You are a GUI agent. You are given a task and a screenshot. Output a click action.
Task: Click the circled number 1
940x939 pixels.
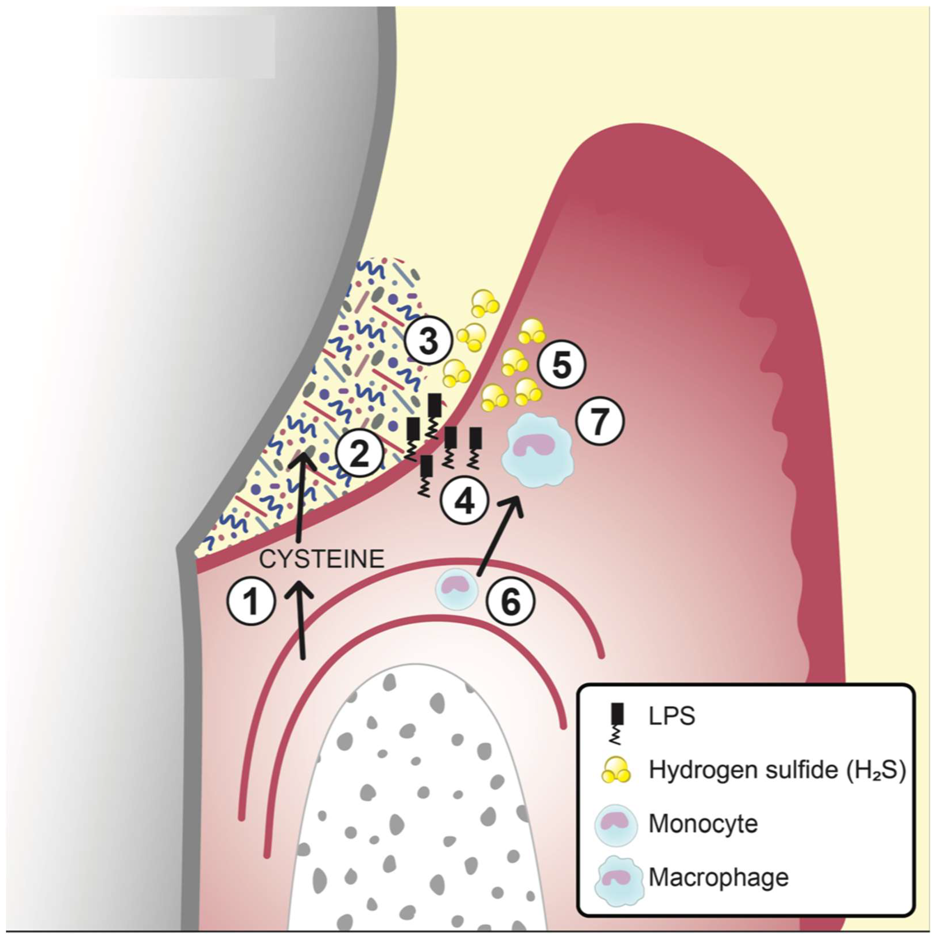click(251, 602)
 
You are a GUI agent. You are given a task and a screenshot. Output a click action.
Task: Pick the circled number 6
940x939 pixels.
click(511, 602)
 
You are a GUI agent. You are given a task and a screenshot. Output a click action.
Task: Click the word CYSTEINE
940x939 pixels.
click(322, 559)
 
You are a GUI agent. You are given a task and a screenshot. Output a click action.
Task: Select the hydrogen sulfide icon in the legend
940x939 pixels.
click(617, 769)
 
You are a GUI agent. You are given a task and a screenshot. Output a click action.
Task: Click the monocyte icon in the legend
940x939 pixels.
click(616, 824)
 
